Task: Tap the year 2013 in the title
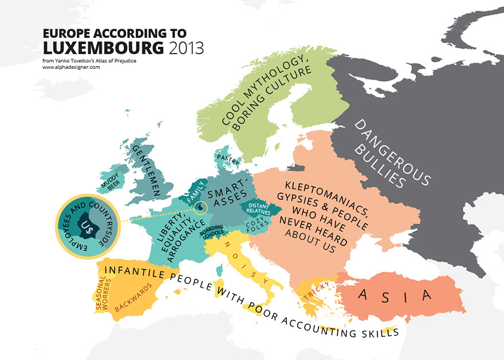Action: click(x=187, y=47)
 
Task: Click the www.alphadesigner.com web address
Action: click(x=71, y=68)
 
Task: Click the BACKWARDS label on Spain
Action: click(x=133, y=297)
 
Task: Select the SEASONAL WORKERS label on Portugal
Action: click(x=103, y=292)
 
